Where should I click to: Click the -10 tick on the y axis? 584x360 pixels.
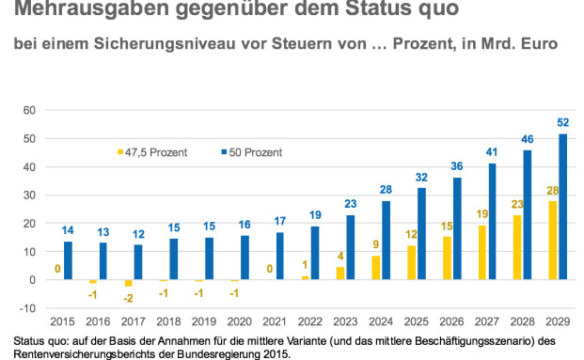point(27,308)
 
